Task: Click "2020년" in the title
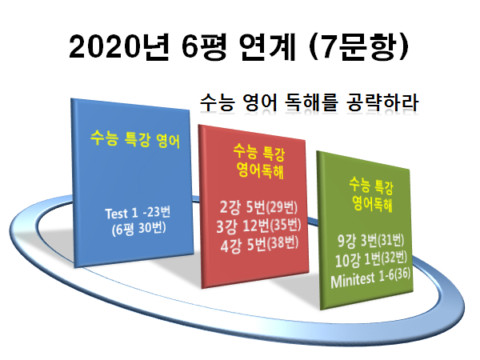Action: pyautogui.click(x=119, y=47)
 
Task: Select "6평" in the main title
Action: pyautogui.click(x=204, y=47)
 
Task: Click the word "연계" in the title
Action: pyautogui.click(x=268, y=47)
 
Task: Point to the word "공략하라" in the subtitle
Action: pyautogui.click(x=382, y=102)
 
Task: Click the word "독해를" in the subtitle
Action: pyautogui.click(x=311, y=102)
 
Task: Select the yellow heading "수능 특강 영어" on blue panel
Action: pyautogui.click(x=135, y=139)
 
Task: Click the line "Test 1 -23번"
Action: pyautogui.click(x=138, y=213)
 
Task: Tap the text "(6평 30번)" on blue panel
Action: pyautogui.click(x=138, y=229)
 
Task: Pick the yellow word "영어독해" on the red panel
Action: pyautogui.click(x=260, y=170)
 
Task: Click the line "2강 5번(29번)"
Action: pyautogui.click(x=258, y=207)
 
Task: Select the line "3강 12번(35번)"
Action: pyautogui.click(x=258, y=226)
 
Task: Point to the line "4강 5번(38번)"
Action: pyautogui.click(x=259, y=245)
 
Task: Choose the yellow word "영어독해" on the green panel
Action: pyautogui.click(x=372, y=203)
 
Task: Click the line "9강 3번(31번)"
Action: pyautogui.click(x=370, y=240)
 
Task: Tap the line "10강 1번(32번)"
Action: pyautogui.click(x=371, y=260)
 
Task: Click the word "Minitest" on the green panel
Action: pyautogui.click(x=353, y=280)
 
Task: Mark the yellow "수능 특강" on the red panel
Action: pyautogui.click(x=259, y=152)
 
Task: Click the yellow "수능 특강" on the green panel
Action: pyautogui.click(x=371, y=186)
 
